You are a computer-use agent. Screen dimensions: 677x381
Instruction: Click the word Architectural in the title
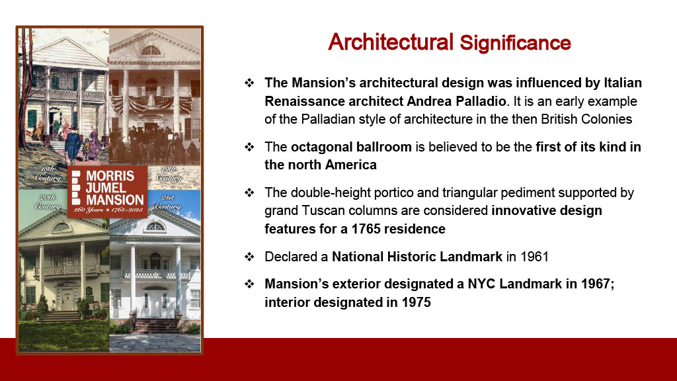tap(391, 42)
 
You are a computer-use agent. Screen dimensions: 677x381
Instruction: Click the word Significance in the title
tap(516, 43)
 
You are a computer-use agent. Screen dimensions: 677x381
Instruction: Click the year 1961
tap(534, 257)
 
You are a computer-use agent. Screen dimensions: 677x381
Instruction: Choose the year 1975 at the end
tap(417, 302)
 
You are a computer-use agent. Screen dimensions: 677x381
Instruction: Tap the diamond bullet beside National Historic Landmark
tap(249, 257)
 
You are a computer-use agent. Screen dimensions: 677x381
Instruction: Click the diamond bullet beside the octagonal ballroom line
tap(249, 147)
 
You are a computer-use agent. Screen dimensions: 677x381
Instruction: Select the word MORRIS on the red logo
tap(110, 176)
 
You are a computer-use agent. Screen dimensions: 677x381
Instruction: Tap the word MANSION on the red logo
tap(115, 200)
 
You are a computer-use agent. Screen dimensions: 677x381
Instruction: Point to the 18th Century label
tap(47, 174)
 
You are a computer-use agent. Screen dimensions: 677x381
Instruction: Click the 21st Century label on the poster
tap(168, 202)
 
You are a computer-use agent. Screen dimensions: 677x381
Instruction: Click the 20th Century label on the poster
tap(47, 202)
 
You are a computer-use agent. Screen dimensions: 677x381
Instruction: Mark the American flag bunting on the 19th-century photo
tap(151, 103)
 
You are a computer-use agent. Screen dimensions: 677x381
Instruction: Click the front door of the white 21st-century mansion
tap(155, 304)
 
